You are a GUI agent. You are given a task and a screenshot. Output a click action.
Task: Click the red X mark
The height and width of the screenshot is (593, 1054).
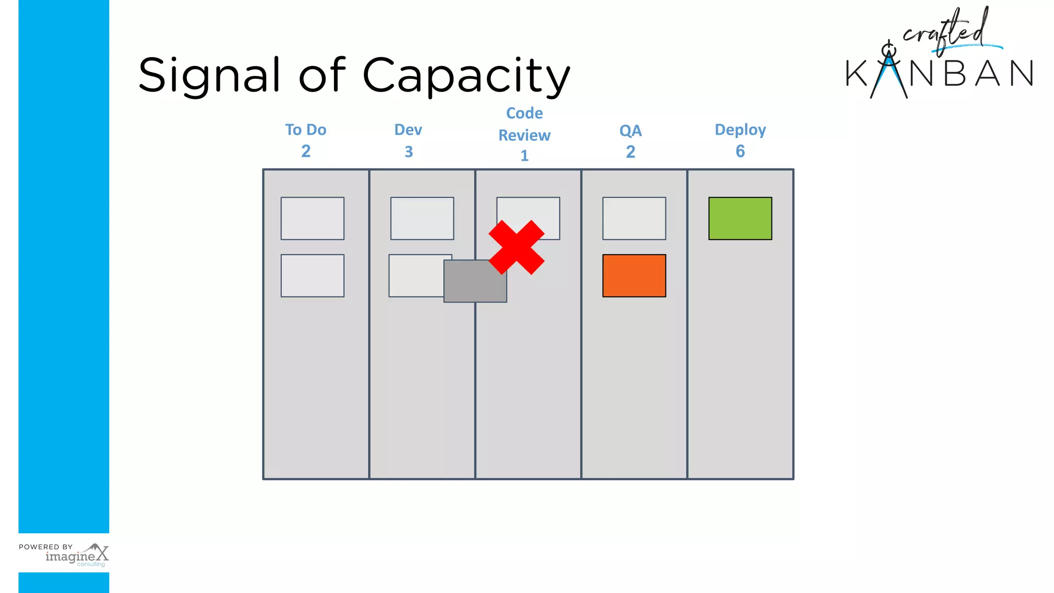516,248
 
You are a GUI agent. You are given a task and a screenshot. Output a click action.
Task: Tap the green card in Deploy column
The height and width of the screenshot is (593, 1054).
740,218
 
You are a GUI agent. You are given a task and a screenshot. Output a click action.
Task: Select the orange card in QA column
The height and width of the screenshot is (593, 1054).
634,275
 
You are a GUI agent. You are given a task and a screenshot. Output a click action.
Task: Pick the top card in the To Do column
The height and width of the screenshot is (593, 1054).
312,218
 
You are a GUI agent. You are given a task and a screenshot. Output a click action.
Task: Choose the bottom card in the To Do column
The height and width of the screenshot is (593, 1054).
312,275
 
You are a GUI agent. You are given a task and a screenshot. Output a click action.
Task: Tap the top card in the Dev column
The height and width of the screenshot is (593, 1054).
422,218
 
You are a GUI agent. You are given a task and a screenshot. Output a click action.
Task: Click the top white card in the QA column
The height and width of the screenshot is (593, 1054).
634,218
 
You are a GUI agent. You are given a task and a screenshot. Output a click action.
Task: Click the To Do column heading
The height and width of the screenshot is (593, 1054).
306,130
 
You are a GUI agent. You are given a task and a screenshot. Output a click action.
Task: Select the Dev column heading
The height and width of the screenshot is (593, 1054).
408,130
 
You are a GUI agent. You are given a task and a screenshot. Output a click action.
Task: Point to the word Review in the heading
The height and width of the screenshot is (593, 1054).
524,135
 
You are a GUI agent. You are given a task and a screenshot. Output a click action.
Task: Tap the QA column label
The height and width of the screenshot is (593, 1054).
630,131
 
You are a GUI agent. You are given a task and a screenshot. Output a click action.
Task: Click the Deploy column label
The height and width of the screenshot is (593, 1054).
740,130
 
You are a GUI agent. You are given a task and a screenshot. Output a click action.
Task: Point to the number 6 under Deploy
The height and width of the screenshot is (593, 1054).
740,151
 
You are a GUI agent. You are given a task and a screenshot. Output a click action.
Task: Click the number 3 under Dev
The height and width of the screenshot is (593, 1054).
409,152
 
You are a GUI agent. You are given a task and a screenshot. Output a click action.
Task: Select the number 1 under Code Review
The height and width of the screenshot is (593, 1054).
524,155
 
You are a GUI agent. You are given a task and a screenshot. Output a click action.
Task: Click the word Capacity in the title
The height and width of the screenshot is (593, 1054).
466,76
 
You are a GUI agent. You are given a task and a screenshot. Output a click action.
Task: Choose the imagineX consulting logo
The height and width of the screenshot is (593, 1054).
77,556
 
